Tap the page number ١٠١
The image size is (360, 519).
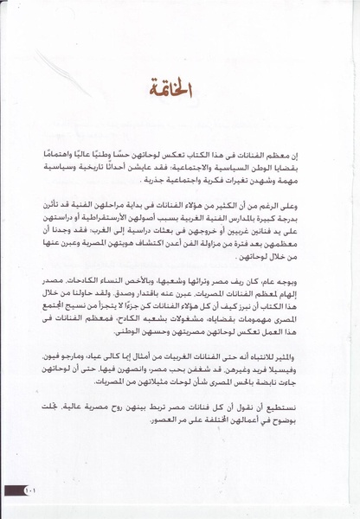coord(33,491)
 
